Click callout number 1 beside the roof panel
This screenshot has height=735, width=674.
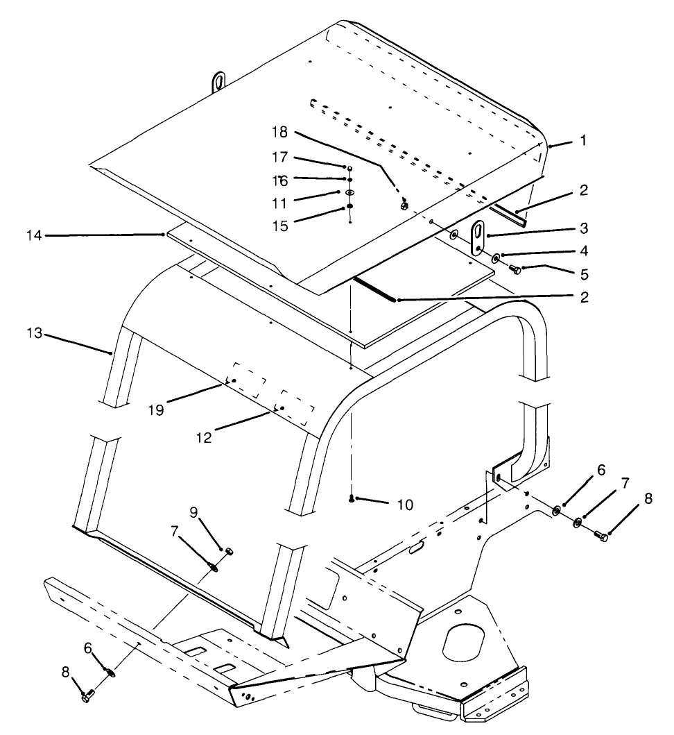click(x=583, y=140)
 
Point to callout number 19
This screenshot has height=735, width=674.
click(x=156, y=409)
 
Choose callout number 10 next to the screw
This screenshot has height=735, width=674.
click(x=403, y=505)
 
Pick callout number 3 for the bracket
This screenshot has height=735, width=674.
click(x=585, y=228)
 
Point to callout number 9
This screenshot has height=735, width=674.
click(x=195, y=512)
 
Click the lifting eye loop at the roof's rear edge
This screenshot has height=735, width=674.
click(x=219, y=81)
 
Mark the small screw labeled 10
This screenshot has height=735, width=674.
click(x=353, y=498)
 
